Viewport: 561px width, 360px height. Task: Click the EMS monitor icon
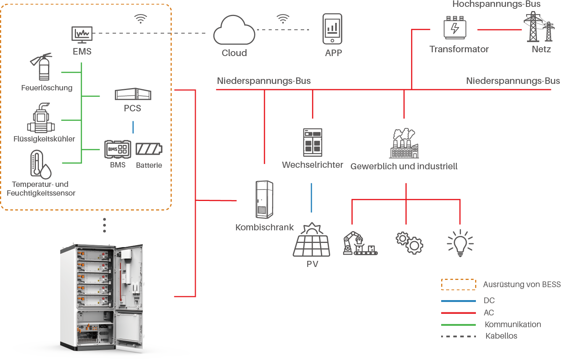(82, 34)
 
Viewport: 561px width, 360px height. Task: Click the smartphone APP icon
(332, 29)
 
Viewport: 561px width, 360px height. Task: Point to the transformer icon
(455, 28)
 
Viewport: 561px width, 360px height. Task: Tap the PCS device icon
(133, 94)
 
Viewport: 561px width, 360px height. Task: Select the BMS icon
(118, 149)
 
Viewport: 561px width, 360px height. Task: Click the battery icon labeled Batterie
(149, 149)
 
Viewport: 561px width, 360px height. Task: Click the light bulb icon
(460, 243)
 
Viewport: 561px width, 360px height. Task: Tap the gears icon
(409, 243)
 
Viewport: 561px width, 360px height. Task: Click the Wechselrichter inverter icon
(313, 142)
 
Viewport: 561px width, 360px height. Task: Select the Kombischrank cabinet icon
(264, 199)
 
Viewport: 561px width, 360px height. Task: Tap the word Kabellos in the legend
(501, 336)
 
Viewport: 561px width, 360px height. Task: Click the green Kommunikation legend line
(458, 325)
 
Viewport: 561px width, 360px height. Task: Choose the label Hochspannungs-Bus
(496, 4)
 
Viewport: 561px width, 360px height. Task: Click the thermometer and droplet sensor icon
(40, 165)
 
